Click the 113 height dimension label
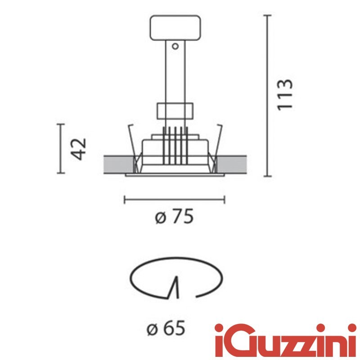pos(285,94)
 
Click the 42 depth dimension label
pos(79,149)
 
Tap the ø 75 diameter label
pos(175,218)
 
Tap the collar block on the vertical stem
pos(175,110)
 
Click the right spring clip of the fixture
pos(218,139)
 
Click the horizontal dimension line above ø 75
pos(175,199)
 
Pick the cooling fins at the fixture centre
pos(175,144)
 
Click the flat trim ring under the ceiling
pos(175,175)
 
